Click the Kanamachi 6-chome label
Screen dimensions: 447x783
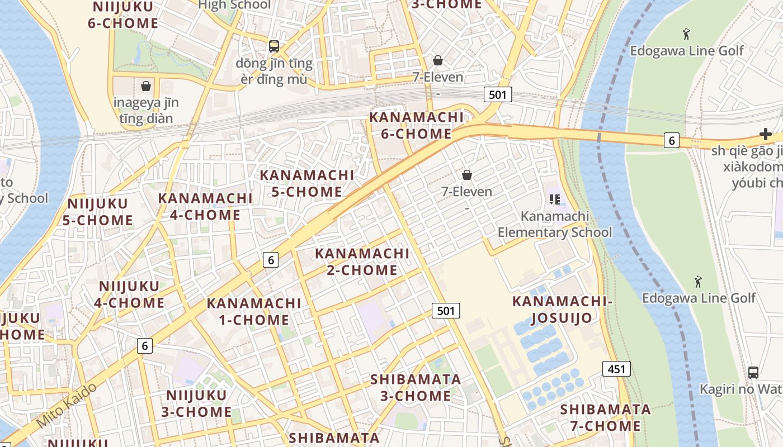click(417, 126)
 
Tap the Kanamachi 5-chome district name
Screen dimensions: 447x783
click(307, 183)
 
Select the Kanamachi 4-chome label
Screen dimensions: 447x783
click(205, 207)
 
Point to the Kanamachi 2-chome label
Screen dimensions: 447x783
click(362, 261)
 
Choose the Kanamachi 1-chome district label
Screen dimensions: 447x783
click(254, 312)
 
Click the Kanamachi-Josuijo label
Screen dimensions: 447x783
click(562, 310)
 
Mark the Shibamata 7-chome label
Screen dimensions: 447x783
click(606, 417)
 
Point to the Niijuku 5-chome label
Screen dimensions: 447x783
click(98, 212)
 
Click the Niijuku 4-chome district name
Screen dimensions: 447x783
click(129, 294)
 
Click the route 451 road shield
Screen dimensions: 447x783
click(616, 369)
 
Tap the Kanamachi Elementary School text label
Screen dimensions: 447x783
click(555, 224)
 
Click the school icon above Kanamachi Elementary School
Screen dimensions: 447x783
click(555, 199)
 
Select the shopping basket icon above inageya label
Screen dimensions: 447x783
click(146, 86)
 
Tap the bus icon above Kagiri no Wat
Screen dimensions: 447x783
click(753, 372)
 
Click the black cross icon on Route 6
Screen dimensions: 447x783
click(766, 134)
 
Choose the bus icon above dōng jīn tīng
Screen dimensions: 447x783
click(274, 46)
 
